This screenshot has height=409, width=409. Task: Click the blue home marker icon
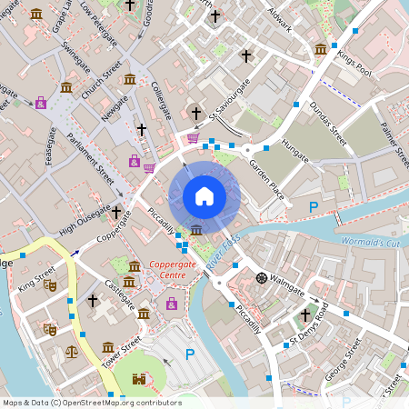(204, 196)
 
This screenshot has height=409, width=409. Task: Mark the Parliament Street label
(87, 165)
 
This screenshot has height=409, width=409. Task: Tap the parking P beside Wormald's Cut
(314, 207)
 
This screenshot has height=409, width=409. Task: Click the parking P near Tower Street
(190, 354)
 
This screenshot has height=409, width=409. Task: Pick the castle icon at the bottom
(137, 379)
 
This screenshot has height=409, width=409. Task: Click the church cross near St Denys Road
(306, 314)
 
